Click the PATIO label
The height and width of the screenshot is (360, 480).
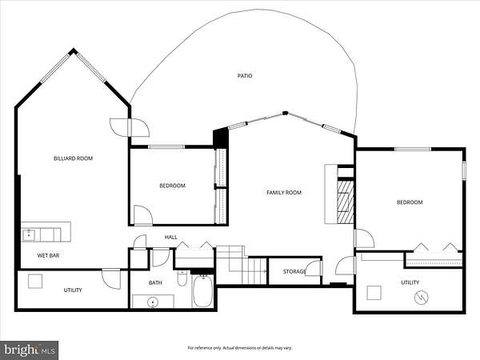pos(245,76)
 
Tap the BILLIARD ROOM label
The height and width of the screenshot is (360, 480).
pos(73,158)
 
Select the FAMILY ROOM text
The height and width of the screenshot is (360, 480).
pos(284,193)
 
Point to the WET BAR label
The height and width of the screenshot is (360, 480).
pos(48,255)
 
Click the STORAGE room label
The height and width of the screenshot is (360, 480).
pos(294,271)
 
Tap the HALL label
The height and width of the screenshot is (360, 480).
pos(171,237)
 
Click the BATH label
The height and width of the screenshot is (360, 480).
pos(155,282)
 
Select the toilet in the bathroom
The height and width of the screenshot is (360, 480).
pos(182,278)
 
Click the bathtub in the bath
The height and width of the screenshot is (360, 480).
pos(202,291)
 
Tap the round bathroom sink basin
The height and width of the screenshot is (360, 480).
pos(153,302)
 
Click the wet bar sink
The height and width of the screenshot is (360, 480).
pos(29,235)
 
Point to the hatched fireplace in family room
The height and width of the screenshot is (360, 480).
pos(346,202)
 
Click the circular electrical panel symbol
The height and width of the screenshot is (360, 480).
pos(422,297)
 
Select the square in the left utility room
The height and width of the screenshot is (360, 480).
pos(35,282)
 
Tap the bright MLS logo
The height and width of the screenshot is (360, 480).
pos(29,350)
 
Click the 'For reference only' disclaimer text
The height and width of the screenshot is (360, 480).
pos(240,348)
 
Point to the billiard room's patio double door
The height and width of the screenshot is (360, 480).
pos(130,127)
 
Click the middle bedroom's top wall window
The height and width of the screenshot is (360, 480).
pos(166,147)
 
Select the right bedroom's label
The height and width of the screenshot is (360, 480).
pos(410,202)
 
